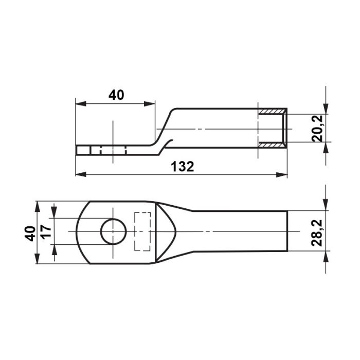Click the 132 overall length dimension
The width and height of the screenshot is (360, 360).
click(183, 167)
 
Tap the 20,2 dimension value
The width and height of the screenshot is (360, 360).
click(318, 129)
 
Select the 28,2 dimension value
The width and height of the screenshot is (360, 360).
click(317, 233)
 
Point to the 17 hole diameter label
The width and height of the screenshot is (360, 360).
click(46, 232)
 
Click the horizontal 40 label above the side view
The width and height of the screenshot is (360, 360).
click(116, 95)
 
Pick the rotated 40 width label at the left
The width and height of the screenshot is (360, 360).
click(30, 233)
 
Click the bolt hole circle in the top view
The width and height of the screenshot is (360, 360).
click(114, 231)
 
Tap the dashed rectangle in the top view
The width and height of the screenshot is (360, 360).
click(142, 231)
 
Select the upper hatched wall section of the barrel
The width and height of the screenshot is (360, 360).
click(272, 112)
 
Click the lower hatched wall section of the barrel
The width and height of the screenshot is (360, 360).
click(272, 145)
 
